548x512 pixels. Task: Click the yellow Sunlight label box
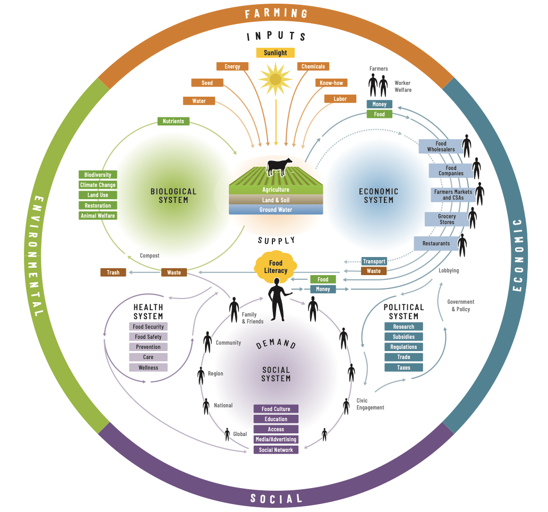click(275, 53)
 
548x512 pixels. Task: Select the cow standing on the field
click(279, 166)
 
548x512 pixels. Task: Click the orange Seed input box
click(207, 83)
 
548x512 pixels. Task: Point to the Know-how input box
click(331, 83)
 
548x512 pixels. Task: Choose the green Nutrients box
click(173, 121)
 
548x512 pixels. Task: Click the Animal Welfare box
click(98, 216)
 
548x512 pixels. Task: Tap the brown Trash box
click(113, 272)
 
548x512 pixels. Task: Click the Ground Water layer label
click(276, 210)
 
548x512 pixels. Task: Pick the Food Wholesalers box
click(441, 147)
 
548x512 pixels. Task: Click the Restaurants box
click(436, 243)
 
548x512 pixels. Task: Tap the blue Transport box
click(374, 261)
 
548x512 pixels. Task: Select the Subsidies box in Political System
click(404, 337)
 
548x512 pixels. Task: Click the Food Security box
click(148, 327)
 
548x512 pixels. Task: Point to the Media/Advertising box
click(276, 439)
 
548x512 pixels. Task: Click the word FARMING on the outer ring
click(276, 13)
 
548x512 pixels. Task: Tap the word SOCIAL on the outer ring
click(276, 498)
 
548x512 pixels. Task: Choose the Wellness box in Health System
click(148, 368)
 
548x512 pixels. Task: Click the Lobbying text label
click(449, 270)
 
